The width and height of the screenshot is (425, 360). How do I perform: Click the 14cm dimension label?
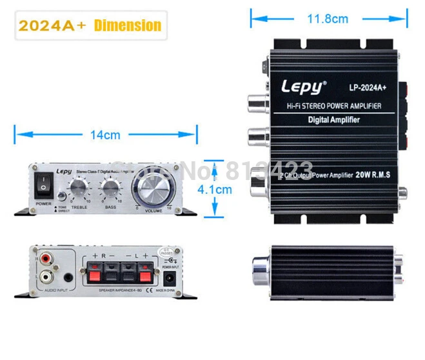105,135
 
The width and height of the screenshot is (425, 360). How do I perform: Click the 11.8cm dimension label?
327,19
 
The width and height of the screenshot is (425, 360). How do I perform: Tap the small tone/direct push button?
60,196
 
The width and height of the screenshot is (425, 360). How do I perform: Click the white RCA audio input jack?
45,278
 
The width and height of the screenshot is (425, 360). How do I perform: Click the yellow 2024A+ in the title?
53,26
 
